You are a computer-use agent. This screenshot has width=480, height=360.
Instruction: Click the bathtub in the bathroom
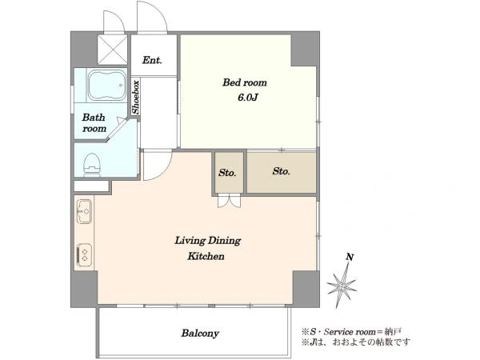point(106,86)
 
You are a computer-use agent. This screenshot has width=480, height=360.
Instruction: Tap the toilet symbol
point(91,165)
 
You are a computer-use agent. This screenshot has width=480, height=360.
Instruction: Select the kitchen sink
point(84,211)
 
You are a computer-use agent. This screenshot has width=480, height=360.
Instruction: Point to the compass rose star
point(342,286)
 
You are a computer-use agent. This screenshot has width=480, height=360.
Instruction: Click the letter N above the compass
point(350,257)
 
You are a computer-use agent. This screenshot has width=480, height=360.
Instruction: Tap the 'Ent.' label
point(152,60)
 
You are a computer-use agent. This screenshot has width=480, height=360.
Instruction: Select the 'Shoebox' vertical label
point(136,97)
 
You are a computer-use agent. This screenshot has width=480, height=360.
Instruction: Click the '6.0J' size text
point(248,98)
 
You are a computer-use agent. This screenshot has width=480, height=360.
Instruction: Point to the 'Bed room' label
point(245,82)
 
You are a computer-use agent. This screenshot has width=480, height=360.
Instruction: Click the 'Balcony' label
point(200,333)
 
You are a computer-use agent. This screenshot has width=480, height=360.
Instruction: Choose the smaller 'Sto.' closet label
point(227,173)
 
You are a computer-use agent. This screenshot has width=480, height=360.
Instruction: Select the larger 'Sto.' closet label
point(282,171)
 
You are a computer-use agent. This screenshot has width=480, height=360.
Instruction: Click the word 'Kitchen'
point(206,256)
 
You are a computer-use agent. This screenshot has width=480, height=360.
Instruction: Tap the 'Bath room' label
point(94,122)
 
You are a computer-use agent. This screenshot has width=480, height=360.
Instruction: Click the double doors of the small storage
point(230,201)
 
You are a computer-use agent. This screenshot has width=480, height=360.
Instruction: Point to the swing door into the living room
point(157,165)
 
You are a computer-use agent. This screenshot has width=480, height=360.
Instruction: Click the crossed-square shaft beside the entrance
point(112,50)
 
